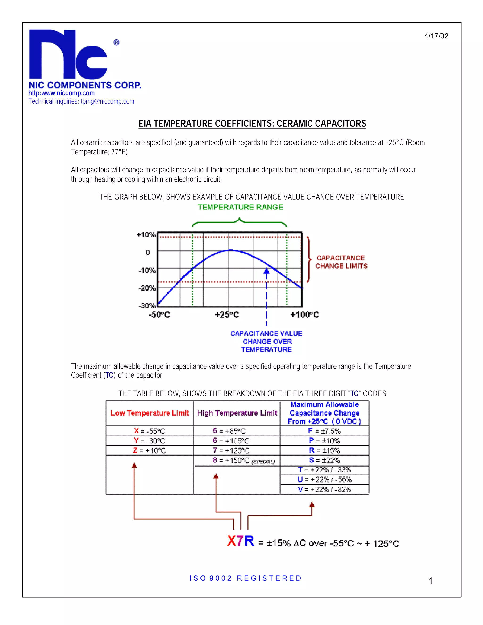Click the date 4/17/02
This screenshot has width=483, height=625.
436,36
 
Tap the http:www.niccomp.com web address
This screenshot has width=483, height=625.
62,93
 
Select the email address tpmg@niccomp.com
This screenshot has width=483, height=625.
107,101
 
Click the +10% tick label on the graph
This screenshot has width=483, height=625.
146,235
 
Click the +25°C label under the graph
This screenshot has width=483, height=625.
227,315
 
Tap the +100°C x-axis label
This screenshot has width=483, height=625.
304,315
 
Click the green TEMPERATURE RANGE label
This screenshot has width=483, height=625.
240,207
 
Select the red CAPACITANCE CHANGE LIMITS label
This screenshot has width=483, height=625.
341,262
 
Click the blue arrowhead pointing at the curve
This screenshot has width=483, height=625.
266,271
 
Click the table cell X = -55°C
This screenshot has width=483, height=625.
149,431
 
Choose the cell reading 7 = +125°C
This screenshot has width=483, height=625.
231,450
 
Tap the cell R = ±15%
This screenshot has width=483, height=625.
325,450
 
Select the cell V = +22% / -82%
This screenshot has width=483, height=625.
325,489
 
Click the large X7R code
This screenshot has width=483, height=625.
240,541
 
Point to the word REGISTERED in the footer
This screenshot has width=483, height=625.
269,578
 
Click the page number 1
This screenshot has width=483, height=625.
430,581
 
